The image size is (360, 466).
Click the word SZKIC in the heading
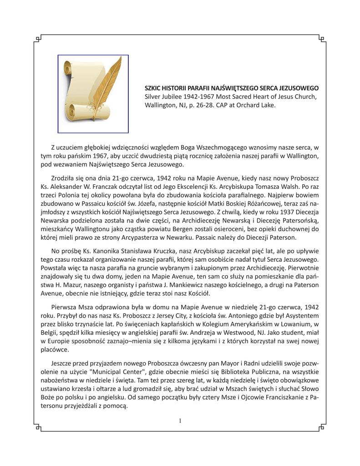pos(153,87)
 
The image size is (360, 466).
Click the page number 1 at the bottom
pos(180,421)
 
